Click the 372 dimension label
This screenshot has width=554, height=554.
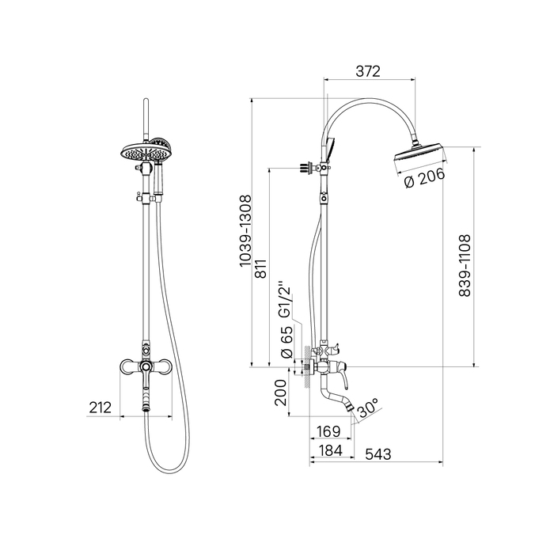click(x=368, y=71)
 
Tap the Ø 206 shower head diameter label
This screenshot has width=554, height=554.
click(x=424, y=178)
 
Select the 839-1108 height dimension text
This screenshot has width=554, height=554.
click(x=465, y=265)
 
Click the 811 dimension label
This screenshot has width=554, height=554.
click(x=261, y=268)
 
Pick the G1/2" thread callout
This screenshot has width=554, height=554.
click(x=285, y=300)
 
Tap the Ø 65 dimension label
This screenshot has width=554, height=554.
click(x=286, y=342)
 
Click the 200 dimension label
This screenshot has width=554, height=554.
click(x=280, y=393)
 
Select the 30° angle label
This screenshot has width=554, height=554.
click(x=368, y=409)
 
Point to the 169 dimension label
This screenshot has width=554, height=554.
click(x=328, y=431)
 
